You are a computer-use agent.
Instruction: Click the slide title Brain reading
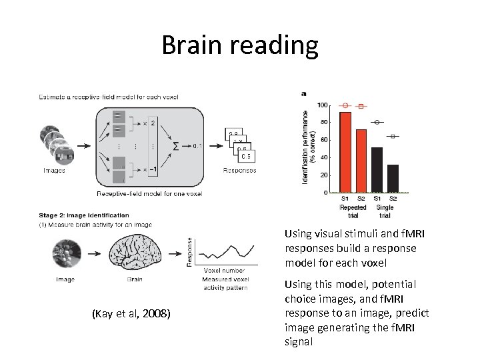pos(240,45)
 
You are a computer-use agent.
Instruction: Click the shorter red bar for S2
pos(361,161)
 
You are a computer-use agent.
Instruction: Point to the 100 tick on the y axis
pos(323,105)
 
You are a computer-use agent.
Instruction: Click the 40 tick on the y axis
pos(324,157)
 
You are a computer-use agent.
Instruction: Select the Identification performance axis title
pos(307,147)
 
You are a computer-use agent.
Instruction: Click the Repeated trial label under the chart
pos(353,211)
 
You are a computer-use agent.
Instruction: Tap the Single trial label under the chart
pos(385,211)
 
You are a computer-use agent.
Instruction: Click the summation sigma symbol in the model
pos(175,145)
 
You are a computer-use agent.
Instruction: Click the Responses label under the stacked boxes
pos(239,171)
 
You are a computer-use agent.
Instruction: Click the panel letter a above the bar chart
pos(304,93)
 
